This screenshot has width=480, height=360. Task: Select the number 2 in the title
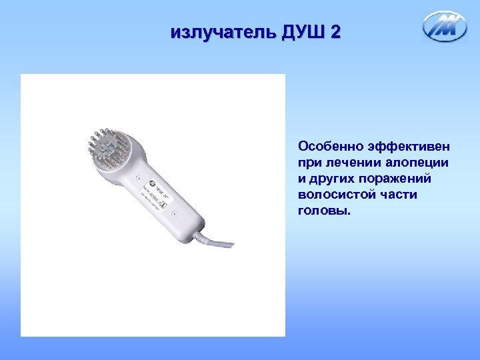point(335,31)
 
